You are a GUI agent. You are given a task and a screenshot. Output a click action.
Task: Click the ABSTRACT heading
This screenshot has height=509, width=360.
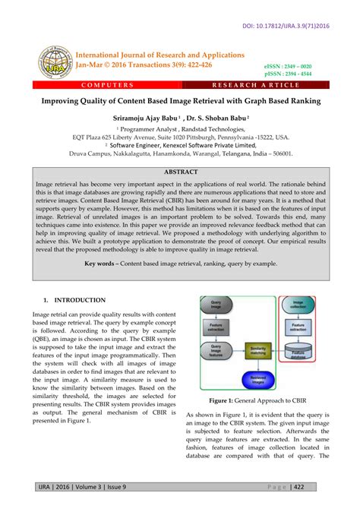180,172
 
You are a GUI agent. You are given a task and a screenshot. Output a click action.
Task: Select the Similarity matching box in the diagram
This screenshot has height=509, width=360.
260,350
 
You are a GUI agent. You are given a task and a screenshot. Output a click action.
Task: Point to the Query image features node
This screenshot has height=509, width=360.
215,350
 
